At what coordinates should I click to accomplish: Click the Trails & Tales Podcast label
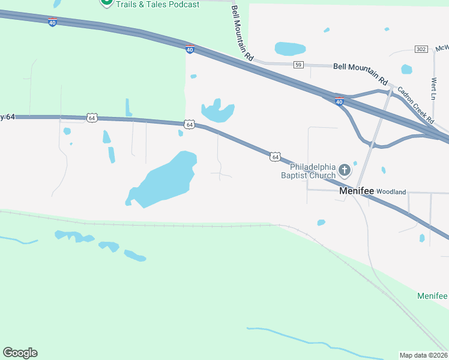pyautogui.click(x=157, y=4)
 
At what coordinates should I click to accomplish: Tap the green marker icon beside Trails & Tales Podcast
pyautogui.click(x=106, y=2)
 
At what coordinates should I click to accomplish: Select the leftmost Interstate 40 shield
pyautogui.click(x=53, y=22)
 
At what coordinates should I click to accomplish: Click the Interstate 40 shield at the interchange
pyautogui.click(x=339, y=101)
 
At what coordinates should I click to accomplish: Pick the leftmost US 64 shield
pyautogui.click(x=91, y=118)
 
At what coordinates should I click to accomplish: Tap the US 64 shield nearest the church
pyautogui.click(x=274, y=157)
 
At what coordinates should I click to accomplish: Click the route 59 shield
pyautogui.click(x=299, y=64)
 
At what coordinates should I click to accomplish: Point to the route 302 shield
pyautogui.click(x=421, y=49)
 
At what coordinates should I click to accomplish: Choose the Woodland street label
pyautogui.click(x=391, y=192)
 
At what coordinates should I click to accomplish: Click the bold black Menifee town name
pyautogui.click(x=357, y=191)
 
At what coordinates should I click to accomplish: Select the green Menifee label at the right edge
pyautogui.click(x=433, y=296)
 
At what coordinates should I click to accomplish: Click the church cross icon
pyautogui.click(x=345, y=170)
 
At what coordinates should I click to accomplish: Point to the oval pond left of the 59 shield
pyautogui.click(x=290, y=49)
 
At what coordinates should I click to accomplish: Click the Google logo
pyautogui.click(x=20, y=353)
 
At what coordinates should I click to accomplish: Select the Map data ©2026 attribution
pyautogui.click(x=423, y=355)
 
